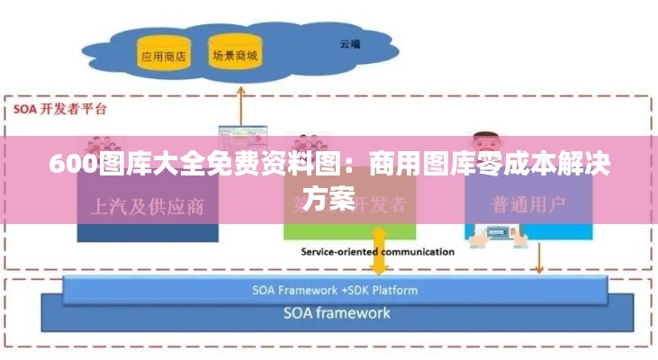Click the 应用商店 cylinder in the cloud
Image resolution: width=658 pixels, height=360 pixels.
tap(163, 55)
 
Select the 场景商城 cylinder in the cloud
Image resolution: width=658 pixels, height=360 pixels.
tap(234, 54)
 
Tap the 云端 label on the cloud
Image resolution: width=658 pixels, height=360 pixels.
tap(350, 42)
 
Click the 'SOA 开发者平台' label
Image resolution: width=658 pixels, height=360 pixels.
tap(59, 110)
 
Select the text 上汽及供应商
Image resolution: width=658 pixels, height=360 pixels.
tap(148, 206)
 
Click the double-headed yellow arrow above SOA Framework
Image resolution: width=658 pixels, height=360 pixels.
tap(379, 251)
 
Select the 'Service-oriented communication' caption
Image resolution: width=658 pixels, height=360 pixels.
tap(377, 252)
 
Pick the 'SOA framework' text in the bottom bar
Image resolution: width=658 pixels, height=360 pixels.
tap(337, 313)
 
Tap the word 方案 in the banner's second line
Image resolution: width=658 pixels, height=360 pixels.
tap(329, 198)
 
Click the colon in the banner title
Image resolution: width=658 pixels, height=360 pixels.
tap(355, 167)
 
